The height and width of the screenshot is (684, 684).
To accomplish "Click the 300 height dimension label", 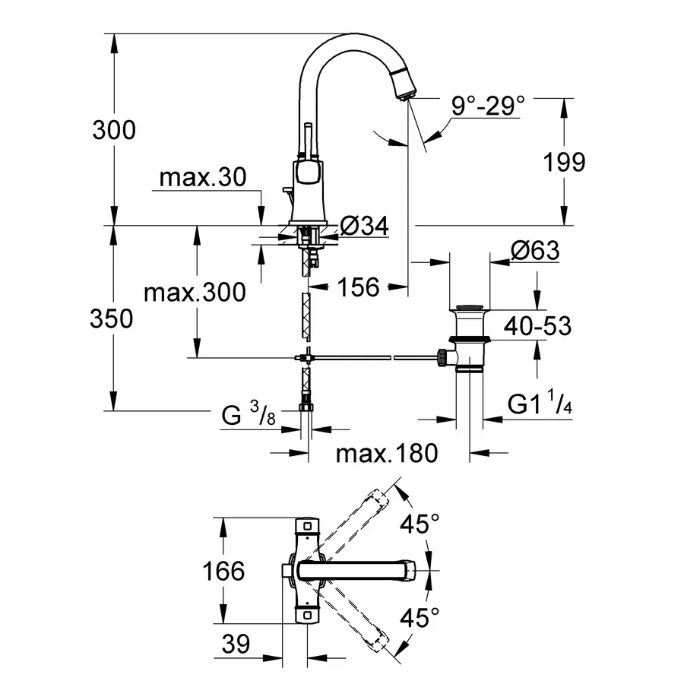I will [114, 130].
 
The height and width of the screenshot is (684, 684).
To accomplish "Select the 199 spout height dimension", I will [564, 161].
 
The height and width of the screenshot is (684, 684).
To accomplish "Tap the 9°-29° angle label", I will [488, 106].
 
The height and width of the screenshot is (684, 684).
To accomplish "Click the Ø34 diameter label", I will [364, 225].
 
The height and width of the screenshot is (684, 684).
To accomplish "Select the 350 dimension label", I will [111, 318].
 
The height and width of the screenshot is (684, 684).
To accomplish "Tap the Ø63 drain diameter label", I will [534, 250].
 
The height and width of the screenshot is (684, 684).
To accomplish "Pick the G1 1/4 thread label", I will [540, 405].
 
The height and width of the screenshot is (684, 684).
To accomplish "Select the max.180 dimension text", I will [388, 454].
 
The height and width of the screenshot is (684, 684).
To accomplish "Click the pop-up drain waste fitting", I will [467, 338].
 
